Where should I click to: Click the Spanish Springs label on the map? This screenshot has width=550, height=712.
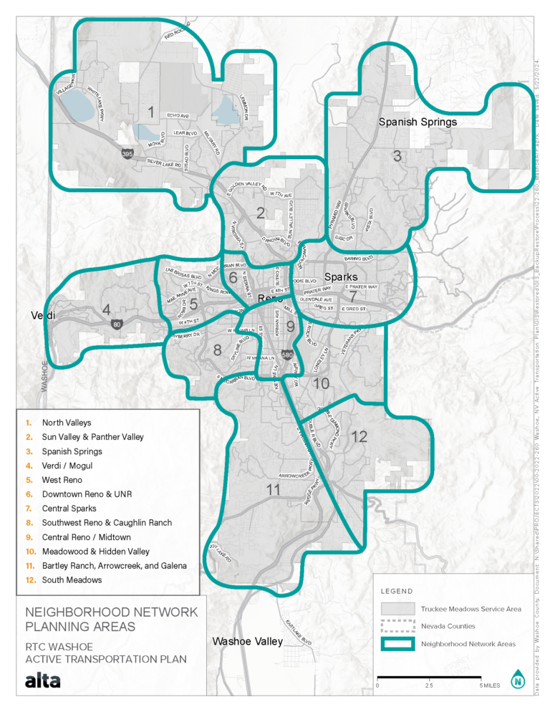(x=418, y=122)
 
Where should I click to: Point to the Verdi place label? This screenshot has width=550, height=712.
(x=43, y=315)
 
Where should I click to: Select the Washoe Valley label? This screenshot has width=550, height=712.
(x=241, y=642)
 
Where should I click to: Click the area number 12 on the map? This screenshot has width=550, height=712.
(x=359, y=436)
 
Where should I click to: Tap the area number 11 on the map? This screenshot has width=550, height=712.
(x=273, y=490)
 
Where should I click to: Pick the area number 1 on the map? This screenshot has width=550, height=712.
(x=150, y=112)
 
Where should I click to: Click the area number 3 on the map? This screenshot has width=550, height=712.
(x=396, y=155)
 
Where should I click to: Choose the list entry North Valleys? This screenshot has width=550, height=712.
(x=67, y=423)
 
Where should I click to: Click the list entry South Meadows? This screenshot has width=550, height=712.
(x=72, y=579)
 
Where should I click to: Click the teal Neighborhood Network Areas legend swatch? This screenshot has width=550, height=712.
(x=397, y=644)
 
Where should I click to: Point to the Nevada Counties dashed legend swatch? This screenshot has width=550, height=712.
(x=397, y=626)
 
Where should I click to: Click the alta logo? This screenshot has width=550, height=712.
(x=43, y=680)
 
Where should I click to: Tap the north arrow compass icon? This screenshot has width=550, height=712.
(x=517, y=678)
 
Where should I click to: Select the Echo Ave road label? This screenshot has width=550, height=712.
(x=178, y=115)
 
